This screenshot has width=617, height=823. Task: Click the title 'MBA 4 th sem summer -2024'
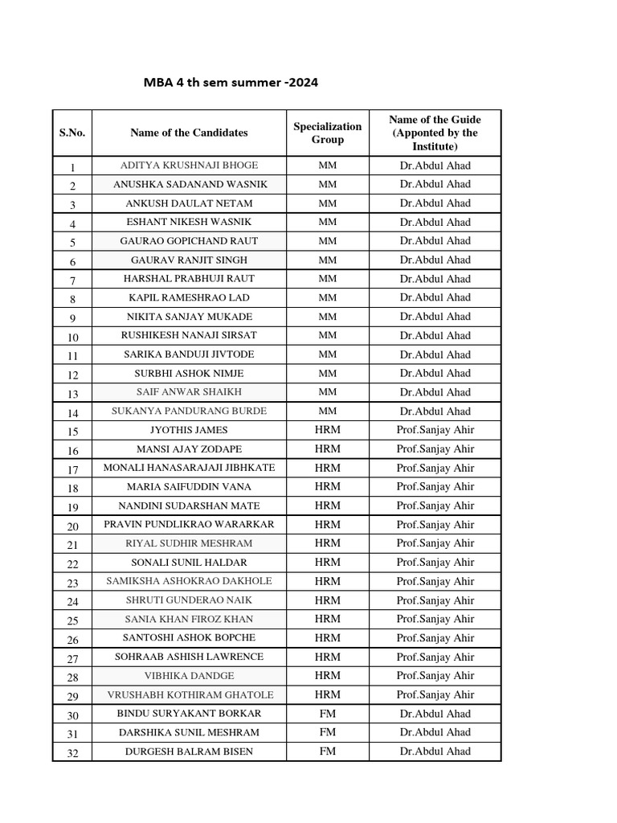[225, 83]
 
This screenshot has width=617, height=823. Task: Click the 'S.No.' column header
[72, 133]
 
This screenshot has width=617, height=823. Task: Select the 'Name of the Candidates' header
[189, 133]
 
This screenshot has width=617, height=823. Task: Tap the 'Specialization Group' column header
[327, 133]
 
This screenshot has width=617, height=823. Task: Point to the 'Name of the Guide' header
[435, 133]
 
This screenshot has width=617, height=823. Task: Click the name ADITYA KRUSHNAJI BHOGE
[189, 166]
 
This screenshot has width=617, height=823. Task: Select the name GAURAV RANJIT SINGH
[189, 260]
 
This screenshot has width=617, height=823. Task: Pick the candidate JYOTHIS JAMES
[189, 430]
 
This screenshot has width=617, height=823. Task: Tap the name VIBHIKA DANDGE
[189, 676]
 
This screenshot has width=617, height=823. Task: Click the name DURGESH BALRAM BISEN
[189, 751]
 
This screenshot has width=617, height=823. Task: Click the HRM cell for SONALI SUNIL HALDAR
[327, 563]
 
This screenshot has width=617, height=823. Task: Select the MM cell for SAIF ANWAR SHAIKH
[327, 392]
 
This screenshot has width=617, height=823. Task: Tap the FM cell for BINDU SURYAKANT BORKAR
[327, 714]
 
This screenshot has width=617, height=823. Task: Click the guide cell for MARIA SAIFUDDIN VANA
[435, 487]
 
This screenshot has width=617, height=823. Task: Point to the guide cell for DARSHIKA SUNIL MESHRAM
[435, 732]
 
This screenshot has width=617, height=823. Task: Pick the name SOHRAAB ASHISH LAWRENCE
[189, 657]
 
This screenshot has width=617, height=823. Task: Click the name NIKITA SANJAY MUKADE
[189, 317]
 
